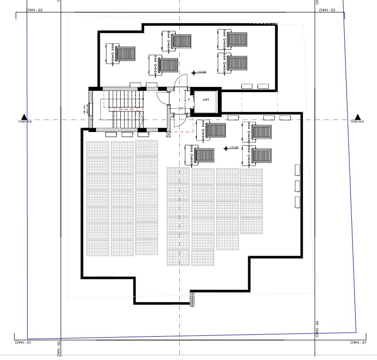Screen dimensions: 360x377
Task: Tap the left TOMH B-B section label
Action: pyautogui.click(x=24, y=122)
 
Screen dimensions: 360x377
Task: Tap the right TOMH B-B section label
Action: pyautogui.click(x=357, y=122)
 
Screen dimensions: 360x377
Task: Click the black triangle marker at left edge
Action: pyautogui.click(x=24, y=117)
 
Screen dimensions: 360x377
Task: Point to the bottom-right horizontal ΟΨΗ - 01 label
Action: pyautogui.click(x=358, y=342)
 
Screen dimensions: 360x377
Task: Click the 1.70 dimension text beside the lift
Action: pyautogui.click(x=185, y=100)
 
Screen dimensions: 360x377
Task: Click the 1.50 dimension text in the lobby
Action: pyautogui.click(x=181, y=109)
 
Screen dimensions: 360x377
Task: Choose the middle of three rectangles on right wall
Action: pyautogui.click(x=298, y=185)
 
